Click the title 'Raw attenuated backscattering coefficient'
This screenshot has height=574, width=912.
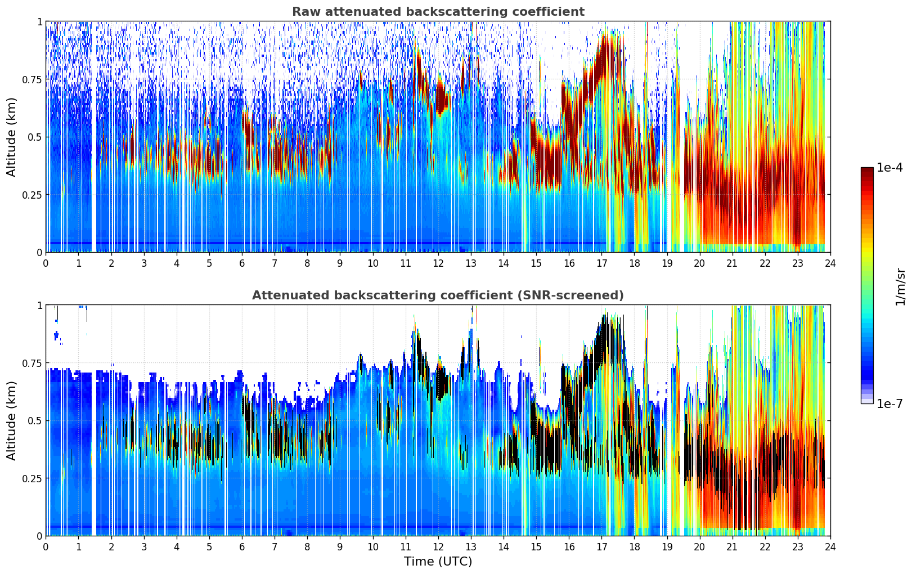(438, 12)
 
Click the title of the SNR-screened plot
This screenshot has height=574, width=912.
(438, 295)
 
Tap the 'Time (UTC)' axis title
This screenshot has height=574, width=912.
(438, 562)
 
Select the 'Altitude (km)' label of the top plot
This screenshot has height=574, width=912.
(12, 137)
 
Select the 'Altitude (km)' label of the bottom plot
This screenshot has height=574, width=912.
(12, 420)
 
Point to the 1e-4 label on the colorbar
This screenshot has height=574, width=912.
(889, 168)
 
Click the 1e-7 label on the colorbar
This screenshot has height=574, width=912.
(889, 403)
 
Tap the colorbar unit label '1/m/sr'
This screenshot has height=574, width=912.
(900, 287)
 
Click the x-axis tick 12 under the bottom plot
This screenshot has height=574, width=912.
(438, 546)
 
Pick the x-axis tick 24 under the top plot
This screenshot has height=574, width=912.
(830, 263)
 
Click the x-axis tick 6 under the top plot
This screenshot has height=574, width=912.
(242, 263)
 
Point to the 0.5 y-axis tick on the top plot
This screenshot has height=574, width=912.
(35, 137)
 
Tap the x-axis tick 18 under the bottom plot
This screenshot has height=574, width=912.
(634, 546)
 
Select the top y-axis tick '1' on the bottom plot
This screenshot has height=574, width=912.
(39, 305)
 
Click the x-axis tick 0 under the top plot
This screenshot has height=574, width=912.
(46, 263)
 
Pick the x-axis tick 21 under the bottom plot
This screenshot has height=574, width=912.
(732, 546)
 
